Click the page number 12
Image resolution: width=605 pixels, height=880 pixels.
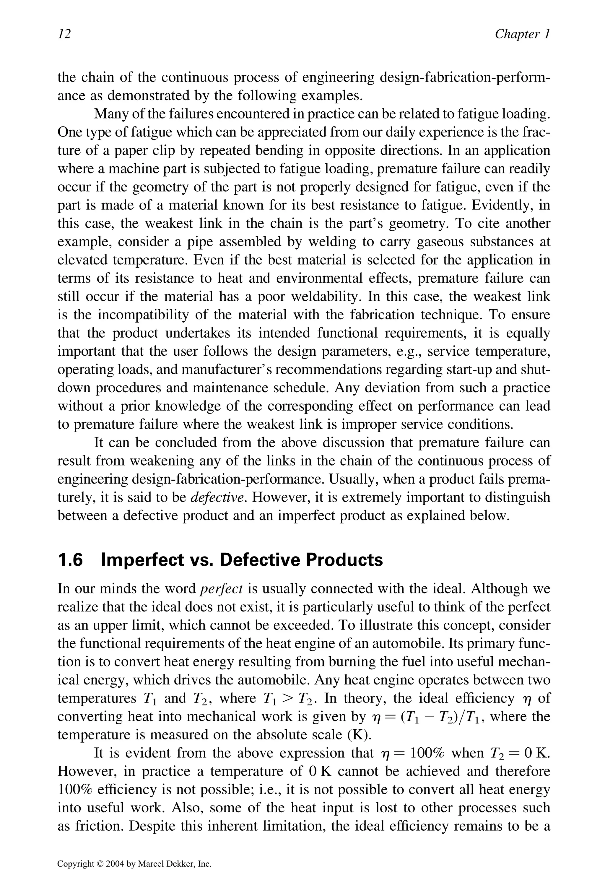pyautogui.click(x=64, y=34)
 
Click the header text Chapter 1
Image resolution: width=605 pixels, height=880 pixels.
pyautogui.click(x=522, y=34)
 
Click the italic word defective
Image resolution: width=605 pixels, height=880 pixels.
pyautogui.click(x=217, y=497)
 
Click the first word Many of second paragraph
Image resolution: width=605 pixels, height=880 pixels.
pyautogui.click(x=110, y=114)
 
